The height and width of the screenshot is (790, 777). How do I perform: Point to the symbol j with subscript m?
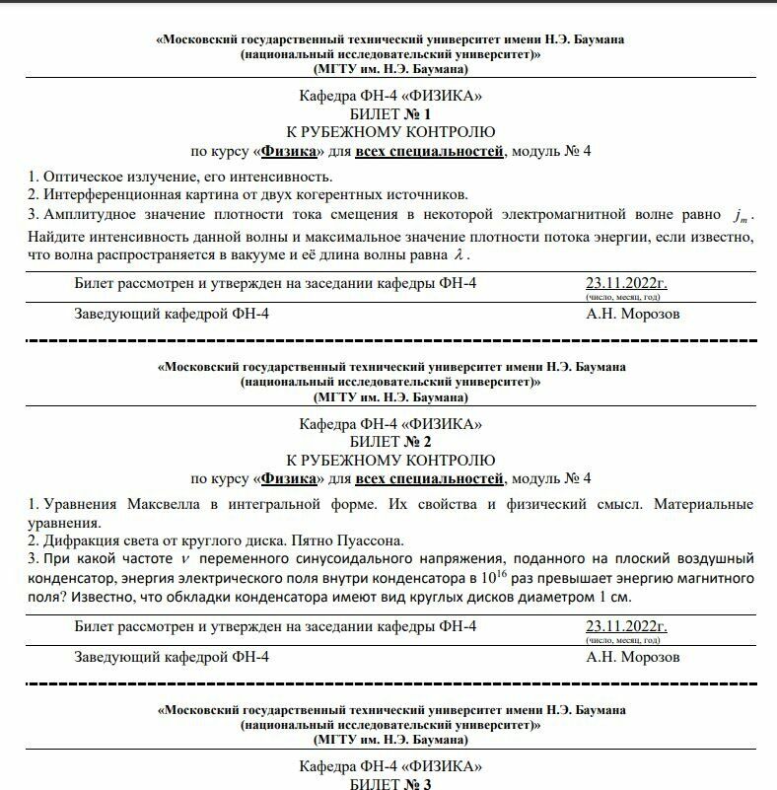coord(741,215)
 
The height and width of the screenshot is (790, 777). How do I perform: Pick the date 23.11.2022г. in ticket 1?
coord(626,284)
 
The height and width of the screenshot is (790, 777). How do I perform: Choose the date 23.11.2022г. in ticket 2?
coord(626,626)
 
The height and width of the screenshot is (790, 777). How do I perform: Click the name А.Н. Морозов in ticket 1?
coord(632,315)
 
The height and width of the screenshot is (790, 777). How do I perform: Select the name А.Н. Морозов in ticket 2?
coord(632,657)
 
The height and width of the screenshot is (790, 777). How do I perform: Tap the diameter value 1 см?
coord(614,599)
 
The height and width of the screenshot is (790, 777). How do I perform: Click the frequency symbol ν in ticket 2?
coord(184,560)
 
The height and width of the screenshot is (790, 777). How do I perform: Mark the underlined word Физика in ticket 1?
coord(293,151)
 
